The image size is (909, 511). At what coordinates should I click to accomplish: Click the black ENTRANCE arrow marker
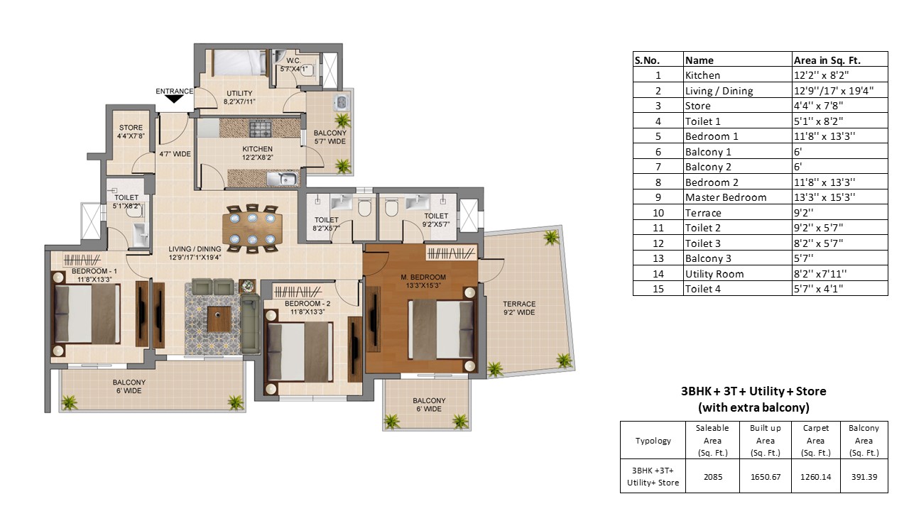coord(174,99)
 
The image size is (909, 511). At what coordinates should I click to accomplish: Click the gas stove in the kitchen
coord(260,129)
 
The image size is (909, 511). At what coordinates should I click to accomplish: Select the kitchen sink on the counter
coord(283,178)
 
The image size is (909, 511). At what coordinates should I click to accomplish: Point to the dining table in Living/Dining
coord(252,229)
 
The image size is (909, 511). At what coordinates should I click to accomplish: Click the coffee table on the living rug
coord(219,319)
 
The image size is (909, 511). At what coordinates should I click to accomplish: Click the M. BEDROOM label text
coord(423,277)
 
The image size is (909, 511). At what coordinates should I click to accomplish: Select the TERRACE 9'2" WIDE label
coord(519,308)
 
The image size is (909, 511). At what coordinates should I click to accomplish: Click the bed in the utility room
coord(239,62)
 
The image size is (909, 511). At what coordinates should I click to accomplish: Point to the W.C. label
coord(293,61)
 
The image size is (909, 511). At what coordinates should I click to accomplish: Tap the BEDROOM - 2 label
coord(307,303)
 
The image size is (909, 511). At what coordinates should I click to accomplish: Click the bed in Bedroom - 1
coord(86,314)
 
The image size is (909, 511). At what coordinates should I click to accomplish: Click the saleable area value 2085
coord(712,477)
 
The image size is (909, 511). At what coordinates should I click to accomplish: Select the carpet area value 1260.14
coord(815,477)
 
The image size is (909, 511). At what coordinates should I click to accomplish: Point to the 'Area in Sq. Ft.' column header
coord(827,60)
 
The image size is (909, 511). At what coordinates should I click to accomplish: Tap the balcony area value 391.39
coord(864,477)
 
